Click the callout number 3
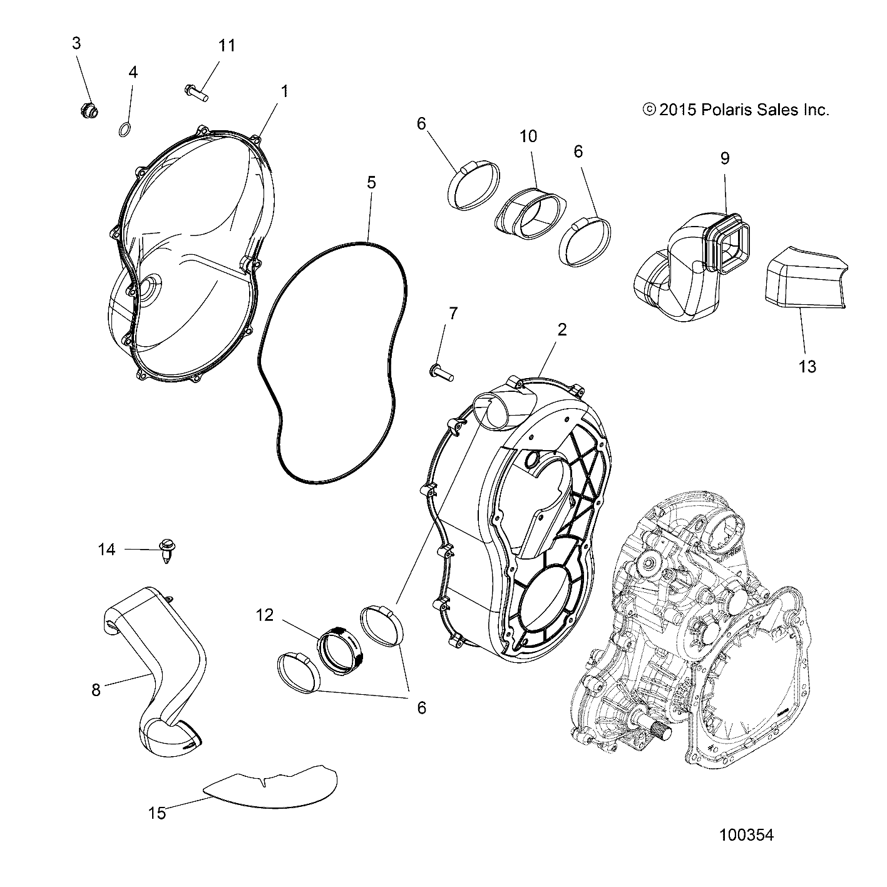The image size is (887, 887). [76, 43]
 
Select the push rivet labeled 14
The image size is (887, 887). [166, 551]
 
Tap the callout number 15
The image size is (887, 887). [157, 813]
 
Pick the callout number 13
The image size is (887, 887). [808, 366]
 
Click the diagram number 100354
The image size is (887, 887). [746, 834]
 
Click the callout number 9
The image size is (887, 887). [724, 158]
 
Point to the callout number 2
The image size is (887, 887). [561, 329]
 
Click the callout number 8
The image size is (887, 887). [96, 690]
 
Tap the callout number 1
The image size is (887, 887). [284, 91]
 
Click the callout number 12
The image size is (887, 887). [265, 615]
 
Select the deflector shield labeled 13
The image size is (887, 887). [801, 279]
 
